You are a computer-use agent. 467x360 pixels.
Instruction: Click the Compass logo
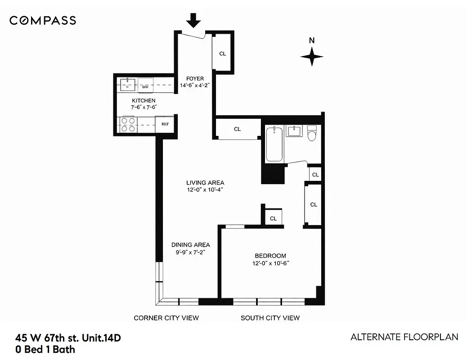[x=43, y=20]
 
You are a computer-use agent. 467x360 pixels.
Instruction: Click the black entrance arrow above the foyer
[x=194, y=21]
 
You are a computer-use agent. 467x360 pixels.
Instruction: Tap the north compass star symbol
[x=312, y=57]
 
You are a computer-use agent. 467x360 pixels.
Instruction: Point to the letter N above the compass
[x=312, y=40]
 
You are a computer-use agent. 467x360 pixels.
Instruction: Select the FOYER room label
[x=195, y=79]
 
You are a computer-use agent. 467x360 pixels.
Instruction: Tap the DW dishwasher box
[x=145, y=85]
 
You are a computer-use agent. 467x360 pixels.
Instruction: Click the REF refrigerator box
[x=165, y=124]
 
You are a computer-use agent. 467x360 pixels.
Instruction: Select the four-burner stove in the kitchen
[x=128, y=124]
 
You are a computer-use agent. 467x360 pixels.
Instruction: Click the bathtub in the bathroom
[x=274, y=144]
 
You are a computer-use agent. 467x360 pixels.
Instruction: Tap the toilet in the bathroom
[x=312, y=134]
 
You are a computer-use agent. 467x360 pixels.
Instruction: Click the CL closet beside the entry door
[x=222, y=54]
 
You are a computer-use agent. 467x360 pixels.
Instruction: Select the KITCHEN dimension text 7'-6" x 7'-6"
[x=144, y=107]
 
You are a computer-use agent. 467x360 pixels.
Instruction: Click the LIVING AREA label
[x=205, y=183]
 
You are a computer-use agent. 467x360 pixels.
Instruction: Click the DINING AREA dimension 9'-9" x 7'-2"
[x=190, y=252]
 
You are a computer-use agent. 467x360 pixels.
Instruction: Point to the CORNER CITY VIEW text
[x=166, y=318]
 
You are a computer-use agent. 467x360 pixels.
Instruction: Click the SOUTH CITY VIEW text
[x=270, y=318]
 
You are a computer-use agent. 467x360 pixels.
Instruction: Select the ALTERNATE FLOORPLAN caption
[x=404, y=337]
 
